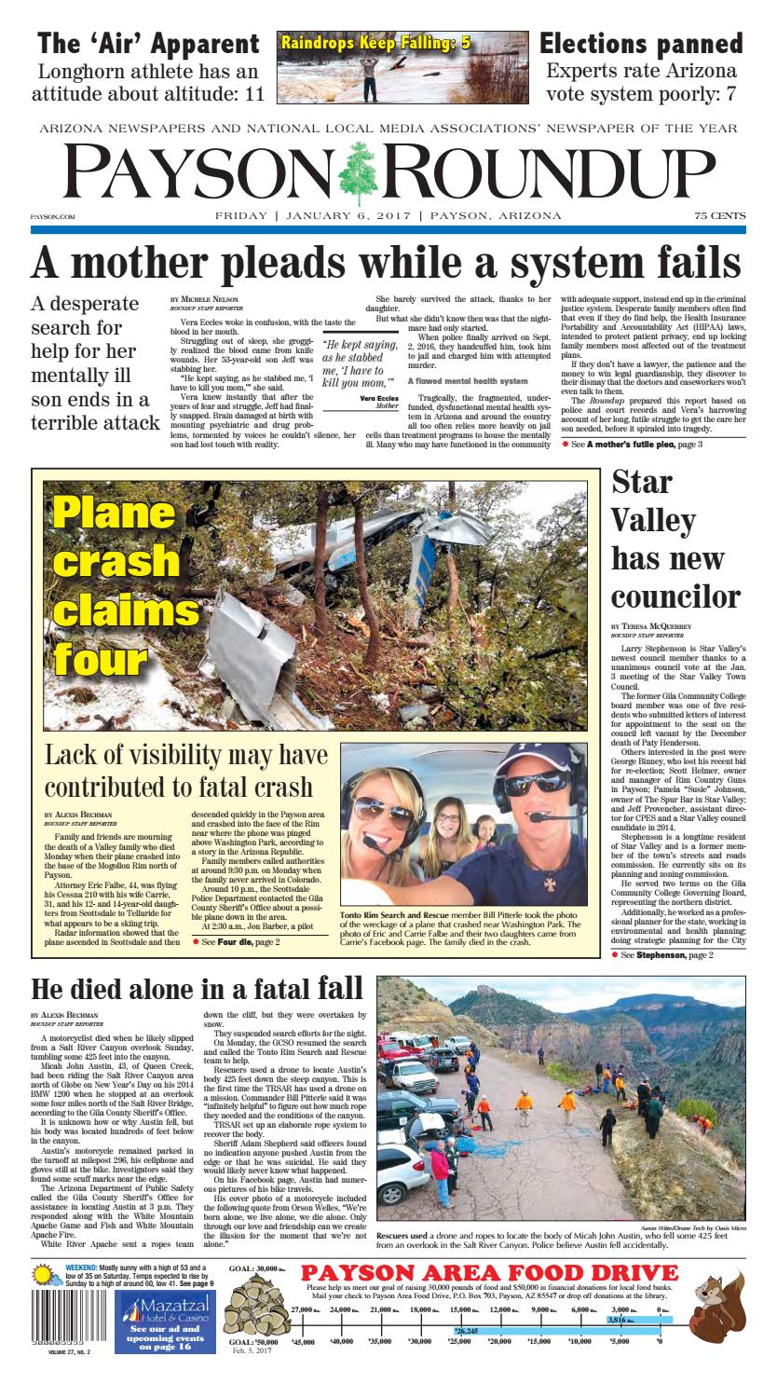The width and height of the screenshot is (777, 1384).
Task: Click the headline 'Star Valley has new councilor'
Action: (676, 540)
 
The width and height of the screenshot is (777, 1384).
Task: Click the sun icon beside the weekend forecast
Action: (44, 1273)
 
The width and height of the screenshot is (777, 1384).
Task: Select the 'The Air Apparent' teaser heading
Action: (148, 44)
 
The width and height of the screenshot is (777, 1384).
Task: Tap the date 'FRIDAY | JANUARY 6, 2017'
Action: (313, 216)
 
